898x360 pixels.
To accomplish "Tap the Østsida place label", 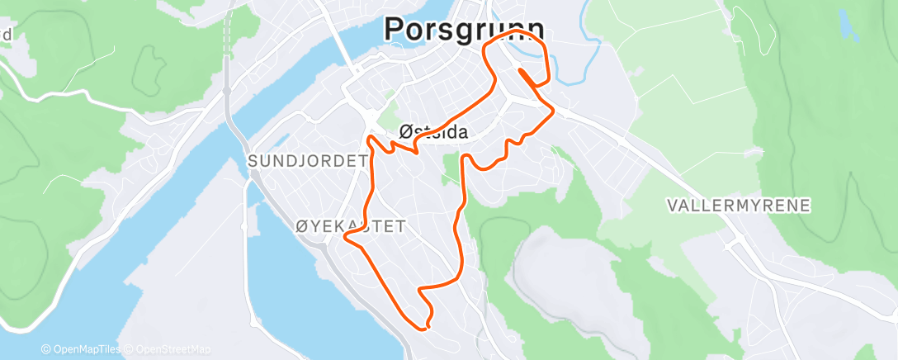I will click(433, 131).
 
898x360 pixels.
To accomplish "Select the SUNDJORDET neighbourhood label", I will click(307, 161).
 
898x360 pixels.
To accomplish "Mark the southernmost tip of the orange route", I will click(426, 329).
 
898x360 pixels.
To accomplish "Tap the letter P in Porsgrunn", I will click(395, 30).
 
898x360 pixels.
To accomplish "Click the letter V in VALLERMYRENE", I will click(672, 205).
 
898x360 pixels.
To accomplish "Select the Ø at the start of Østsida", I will click(405, 131).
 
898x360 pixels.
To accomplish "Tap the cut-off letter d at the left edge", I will click(6, 35).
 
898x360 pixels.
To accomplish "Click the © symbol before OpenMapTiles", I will click(45, 349).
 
